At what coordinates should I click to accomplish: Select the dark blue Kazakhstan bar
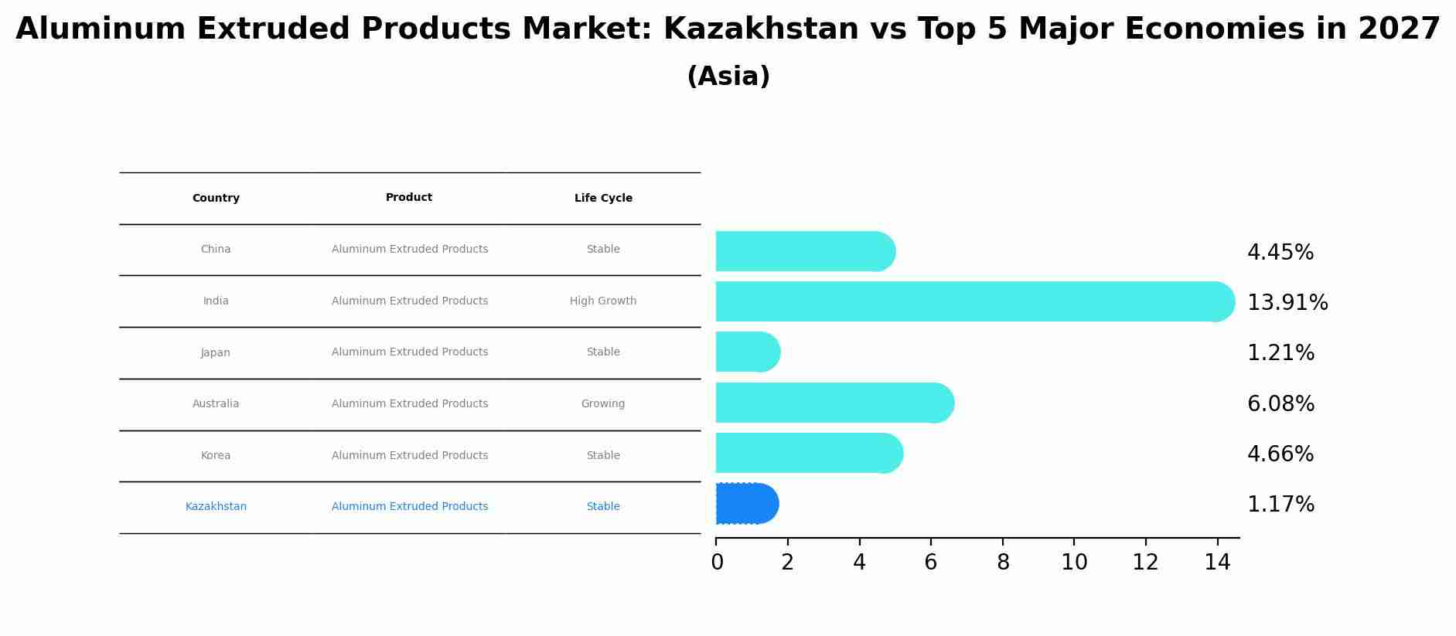[747, 504]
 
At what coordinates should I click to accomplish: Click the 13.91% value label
[1287, 302]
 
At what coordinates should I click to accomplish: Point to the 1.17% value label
[1280, 505]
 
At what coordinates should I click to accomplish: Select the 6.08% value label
[1280, 403]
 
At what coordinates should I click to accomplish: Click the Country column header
[216, 199]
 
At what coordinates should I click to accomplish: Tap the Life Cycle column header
[603, 199]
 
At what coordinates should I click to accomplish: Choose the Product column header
[409, 198]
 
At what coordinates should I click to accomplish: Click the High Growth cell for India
[603, 301]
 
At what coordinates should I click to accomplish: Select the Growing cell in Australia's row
[603, 404]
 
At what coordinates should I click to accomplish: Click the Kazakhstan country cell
[216, 507]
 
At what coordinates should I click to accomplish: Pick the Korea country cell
[216, 456]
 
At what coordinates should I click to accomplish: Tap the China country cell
[216, 250]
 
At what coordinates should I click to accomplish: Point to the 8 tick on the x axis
[1003, 563]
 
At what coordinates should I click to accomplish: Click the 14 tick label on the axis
[1217, 563]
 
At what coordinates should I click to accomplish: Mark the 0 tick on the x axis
[717, 563]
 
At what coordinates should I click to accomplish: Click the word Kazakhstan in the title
[761, 29]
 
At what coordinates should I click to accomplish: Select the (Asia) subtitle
[728, 77]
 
